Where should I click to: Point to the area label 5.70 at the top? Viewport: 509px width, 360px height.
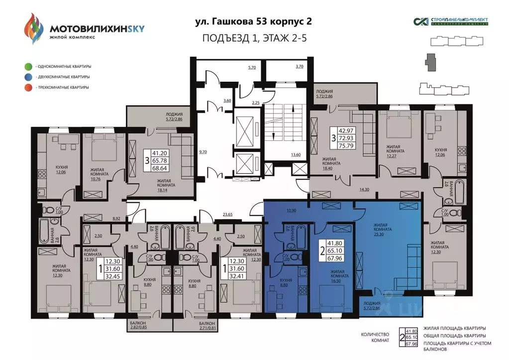252,67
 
